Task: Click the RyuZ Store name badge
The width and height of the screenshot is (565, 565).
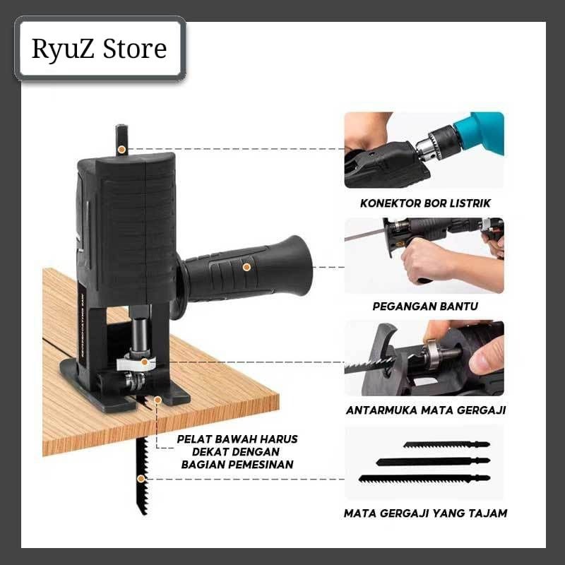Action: (100, 48)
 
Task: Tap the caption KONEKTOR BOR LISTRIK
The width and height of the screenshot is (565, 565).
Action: (425, 203)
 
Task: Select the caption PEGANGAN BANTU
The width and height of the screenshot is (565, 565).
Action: (425, 307)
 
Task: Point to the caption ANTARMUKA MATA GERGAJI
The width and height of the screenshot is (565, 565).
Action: (426, 410)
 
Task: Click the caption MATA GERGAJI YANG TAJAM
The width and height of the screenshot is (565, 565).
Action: (425, 513)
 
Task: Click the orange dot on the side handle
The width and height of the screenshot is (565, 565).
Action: (246, 267)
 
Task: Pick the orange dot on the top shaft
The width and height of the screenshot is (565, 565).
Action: (121, 149)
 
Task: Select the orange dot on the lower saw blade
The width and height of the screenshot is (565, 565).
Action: (141, 479)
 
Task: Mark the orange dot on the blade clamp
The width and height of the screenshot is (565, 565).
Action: (145, 362)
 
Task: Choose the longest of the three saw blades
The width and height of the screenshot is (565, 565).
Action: (424, 479)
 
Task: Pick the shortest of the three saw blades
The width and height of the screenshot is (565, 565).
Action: (446, 445)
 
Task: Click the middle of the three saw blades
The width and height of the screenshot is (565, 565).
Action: (433, 461)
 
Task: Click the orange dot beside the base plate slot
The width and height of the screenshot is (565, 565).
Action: (157, 400)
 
